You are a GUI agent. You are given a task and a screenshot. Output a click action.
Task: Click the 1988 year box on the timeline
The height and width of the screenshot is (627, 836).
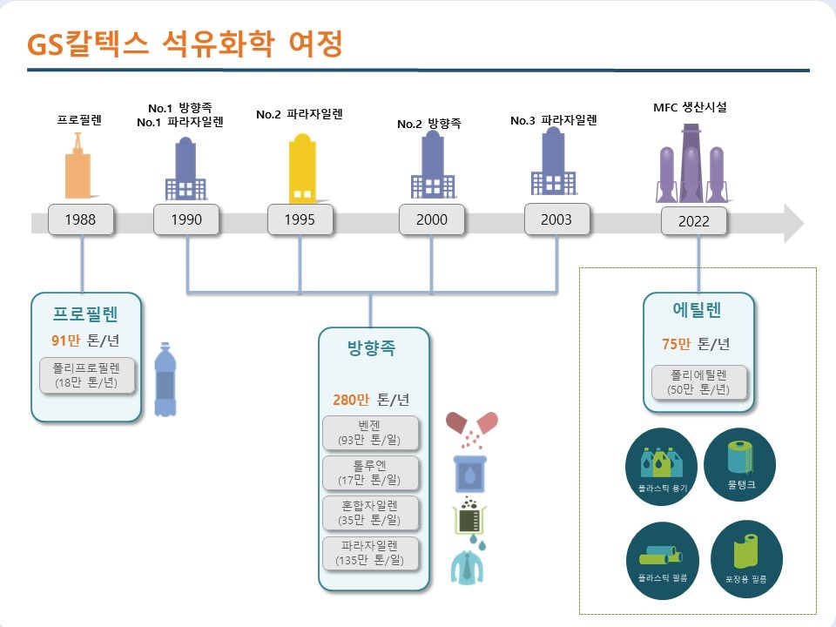[x=81, y=219]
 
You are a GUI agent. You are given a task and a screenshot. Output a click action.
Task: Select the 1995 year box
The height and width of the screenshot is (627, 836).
[x=300, y=219]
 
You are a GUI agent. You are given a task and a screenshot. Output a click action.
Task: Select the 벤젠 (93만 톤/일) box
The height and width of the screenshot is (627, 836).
[x=369, y=433]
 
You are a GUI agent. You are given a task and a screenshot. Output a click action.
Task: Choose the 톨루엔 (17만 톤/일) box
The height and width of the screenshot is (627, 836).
[x=369, y=473]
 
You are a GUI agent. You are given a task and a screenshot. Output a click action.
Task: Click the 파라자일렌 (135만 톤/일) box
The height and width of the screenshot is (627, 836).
[x=369, y=553]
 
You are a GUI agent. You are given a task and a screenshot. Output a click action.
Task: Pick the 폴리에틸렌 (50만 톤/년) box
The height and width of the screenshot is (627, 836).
[x=699, y=381]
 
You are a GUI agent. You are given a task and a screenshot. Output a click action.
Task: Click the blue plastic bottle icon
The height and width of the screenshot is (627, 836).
[x=165, y=380]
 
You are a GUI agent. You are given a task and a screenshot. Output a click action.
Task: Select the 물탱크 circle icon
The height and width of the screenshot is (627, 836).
[x=739, y=464]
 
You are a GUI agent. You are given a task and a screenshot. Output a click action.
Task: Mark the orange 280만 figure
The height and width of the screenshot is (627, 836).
[x=351, y=400]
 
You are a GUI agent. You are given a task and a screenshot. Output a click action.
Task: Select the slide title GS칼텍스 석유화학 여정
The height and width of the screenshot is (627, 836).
[x=185, y=44]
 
